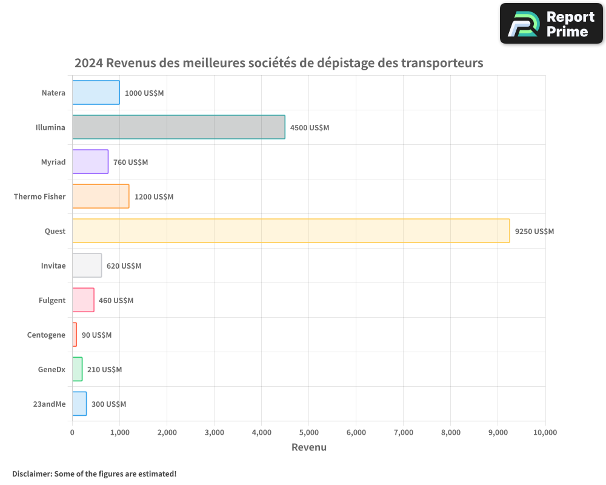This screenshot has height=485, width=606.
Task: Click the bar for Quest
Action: coord(291,231)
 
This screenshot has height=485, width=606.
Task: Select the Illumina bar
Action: coord(179,127)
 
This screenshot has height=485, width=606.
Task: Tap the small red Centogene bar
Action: coord(75,335)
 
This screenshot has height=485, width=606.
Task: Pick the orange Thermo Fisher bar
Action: coord(101,196)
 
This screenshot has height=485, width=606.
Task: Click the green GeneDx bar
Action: coord(77,369)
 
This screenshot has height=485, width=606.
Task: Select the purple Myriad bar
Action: coord(90,162)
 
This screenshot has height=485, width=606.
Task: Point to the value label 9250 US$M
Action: coord(534,231)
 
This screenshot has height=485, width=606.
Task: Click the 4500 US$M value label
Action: coord(309,127)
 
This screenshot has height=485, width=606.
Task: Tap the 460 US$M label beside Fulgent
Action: coord(116,300)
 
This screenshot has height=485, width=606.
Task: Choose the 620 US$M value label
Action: coord(124,266)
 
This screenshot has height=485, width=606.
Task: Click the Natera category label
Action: coord(53,93)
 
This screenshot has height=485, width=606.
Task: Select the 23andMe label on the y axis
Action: coord(49,404)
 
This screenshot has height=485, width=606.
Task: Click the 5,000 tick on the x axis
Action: coord(308,432)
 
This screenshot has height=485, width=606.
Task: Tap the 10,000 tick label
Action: coord(545,432)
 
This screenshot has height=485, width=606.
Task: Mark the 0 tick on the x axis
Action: coord(72,432)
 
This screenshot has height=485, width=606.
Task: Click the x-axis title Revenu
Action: coord(308,447)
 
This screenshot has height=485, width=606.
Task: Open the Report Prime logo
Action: coord(551,24)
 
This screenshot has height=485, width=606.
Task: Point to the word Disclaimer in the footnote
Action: coord(32,473)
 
